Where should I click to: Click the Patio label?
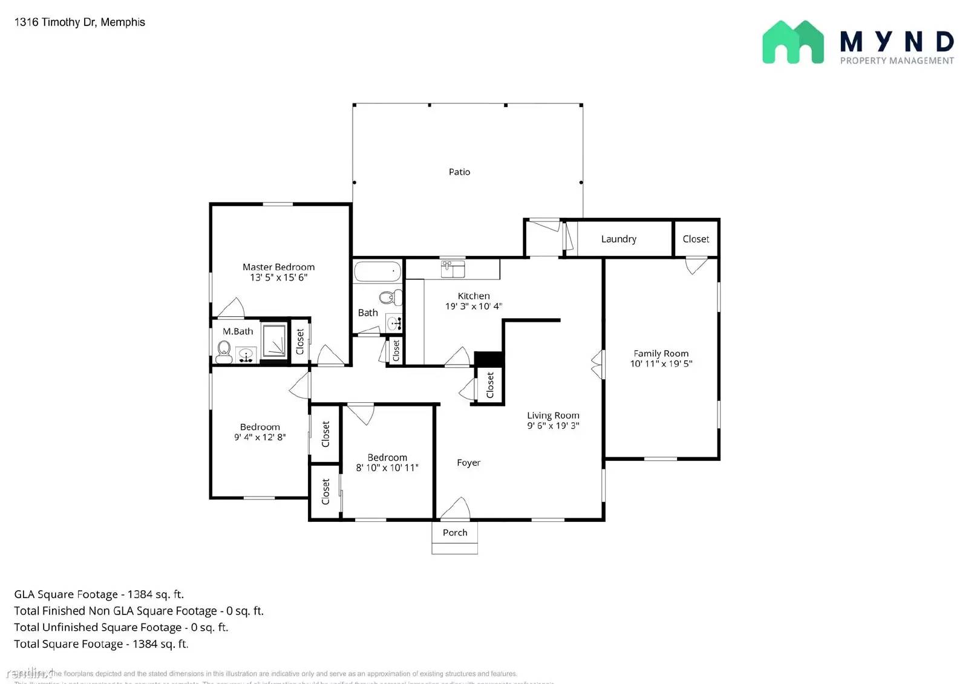459,172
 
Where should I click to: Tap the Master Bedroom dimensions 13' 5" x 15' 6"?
278,278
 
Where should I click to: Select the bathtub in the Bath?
378,272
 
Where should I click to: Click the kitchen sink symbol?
453,269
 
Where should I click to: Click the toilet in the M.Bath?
224,350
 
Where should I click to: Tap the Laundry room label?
618,239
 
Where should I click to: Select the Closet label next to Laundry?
696,239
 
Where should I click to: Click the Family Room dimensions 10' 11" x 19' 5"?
661,363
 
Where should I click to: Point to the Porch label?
455,533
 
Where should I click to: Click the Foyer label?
468,463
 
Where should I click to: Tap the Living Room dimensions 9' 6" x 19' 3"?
553,426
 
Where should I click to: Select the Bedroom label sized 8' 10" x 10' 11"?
387,457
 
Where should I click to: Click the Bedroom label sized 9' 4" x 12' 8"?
260,427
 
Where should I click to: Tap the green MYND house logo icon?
793,42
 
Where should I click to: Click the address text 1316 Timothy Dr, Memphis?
79,22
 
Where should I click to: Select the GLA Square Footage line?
99,594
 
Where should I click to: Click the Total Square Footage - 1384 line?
101,644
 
